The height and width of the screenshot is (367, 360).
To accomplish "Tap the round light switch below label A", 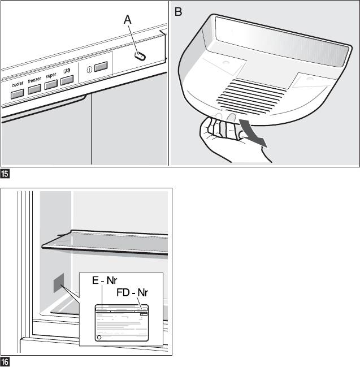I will (x=139, y=56).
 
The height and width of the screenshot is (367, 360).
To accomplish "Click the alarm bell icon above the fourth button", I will (x=66, y=71).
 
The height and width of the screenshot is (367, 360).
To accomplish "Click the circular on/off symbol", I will (x=89, y=70).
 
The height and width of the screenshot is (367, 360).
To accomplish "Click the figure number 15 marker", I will (x=4, y=171).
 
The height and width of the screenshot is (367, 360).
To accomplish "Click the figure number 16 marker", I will (x=4, y=361).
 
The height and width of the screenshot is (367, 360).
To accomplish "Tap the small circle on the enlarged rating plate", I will (x=99, y=336).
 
